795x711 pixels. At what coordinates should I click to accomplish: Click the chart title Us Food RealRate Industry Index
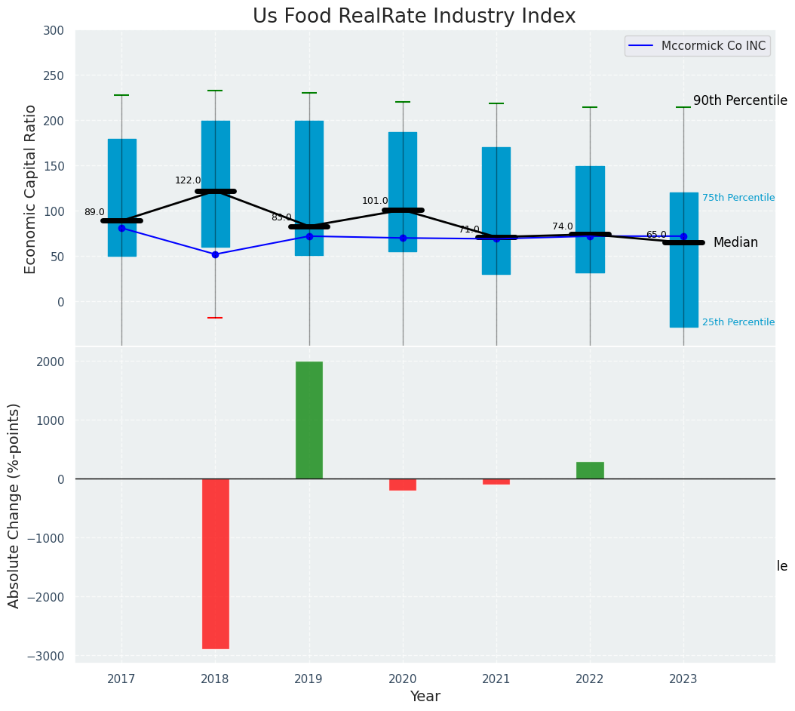tap(414, 17)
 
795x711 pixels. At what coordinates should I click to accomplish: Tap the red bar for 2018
tap(215, 563)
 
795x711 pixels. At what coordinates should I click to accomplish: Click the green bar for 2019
tap(308, 420)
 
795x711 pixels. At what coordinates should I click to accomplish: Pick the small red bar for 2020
tap(403, 485)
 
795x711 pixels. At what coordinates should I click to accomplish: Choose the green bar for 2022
tap(590, 470)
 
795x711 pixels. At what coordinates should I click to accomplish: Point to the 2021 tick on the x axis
tap(496, 679)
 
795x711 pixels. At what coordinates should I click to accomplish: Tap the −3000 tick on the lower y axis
tap(47, 656)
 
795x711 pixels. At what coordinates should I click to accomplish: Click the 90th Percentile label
tap(740, 100)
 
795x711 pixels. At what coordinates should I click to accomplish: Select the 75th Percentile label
tap(738, 198)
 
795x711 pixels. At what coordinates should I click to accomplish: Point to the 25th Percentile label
tap(738, 322)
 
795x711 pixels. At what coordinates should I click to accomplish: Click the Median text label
tap(735, 242)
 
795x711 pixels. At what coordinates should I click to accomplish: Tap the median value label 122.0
tap(188, 180)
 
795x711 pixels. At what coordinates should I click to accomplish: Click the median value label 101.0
tap(375, 201)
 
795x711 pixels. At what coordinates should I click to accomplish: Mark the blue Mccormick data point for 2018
tap(215, 254)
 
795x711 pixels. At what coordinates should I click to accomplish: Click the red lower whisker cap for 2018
tap(215, 318)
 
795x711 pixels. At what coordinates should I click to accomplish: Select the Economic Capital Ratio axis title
tap(31, 189)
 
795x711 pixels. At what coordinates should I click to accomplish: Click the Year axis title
tap(425, 697)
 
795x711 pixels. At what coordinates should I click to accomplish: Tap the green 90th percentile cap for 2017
tap(121, 95)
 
